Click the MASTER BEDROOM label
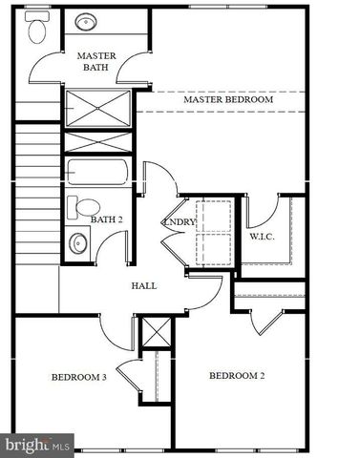pyautogui.click(x=228, y=99)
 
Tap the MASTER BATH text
pyautogui.click(x=96, y=62)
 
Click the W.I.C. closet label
pyautogui.click(x=263, y=235)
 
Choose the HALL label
pyautogui.click(x=143, y=285)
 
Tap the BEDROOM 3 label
pyautogui.click(x=78, y=377)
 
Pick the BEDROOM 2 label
pyautogui.click(x=237, y=375)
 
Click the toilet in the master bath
pyautogui.click(x=38, y=29)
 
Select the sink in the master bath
pyautogui.click(x=86, y=21)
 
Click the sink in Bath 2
pyautogui.click(x=77, y=244)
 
